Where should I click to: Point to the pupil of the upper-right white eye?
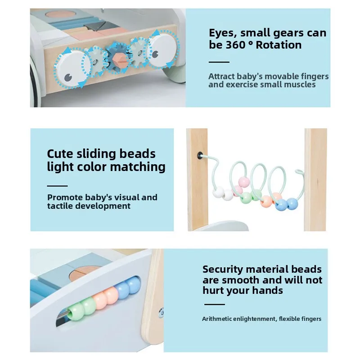pos(156,54)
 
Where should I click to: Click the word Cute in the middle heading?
pos(61,153)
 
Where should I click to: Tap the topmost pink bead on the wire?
pos(244,182)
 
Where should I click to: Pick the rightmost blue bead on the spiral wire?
pos(292,203)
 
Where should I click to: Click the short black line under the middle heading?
pos(57,185)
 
